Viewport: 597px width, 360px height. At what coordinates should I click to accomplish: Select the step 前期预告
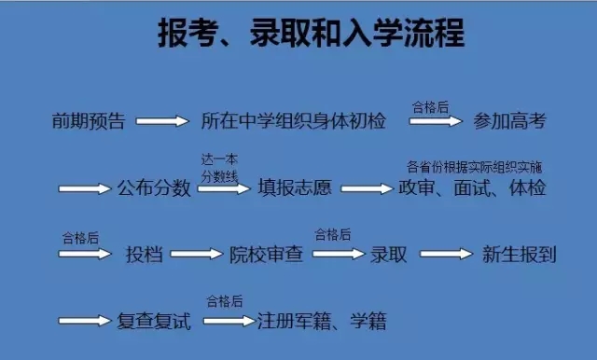coord(89,121)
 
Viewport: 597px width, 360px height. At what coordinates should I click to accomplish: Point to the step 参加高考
coord(508,121)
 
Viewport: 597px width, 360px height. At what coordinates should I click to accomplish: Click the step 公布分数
coord(154,187)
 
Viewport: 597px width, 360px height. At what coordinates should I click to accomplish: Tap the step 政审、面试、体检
coord(472,187)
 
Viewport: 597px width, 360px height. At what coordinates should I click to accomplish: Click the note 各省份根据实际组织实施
coord(475,167)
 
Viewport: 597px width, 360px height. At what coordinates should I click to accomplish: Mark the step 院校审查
coord(266,254)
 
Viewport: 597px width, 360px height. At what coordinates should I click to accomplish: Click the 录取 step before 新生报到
coord(389,254)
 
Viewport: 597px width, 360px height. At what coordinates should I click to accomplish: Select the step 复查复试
coord(154,322)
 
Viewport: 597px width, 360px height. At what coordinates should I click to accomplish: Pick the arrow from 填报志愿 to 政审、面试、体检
coord(367,188)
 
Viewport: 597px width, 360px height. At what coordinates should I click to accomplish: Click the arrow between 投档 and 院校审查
coord(197,254)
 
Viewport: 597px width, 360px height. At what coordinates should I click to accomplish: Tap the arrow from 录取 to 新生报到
coord(447,254)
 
